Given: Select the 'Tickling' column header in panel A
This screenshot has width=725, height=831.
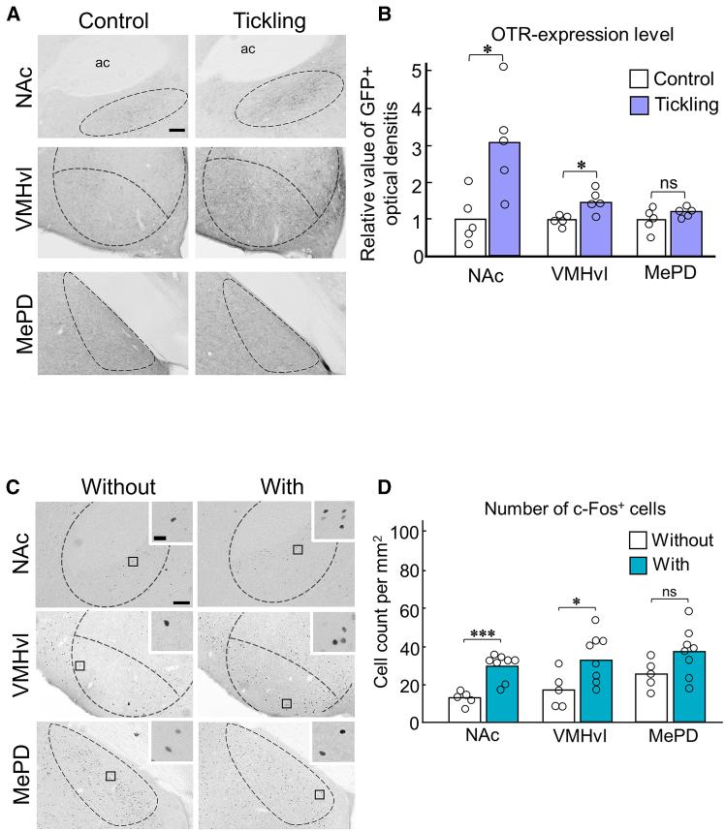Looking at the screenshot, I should coord(242,20).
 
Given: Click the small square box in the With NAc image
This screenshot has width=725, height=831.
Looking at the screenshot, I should coord(299,549).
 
